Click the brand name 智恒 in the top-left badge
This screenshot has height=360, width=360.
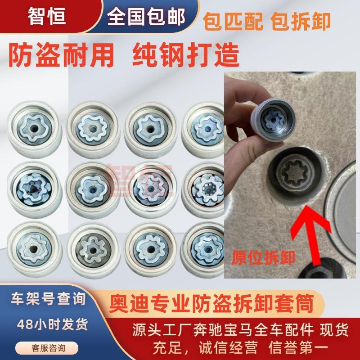[47, 17]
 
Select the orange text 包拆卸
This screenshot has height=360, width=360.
[303, 21]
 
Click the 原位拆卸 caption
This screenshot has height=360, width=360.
[263, 258]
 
